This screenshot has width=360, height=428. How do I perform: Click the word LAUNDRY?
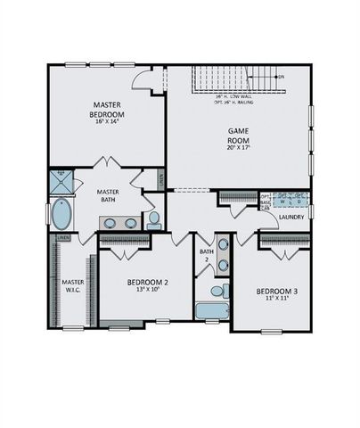[292, 217]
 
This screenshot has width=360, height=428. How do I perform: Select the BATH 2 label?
[207, 255]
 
